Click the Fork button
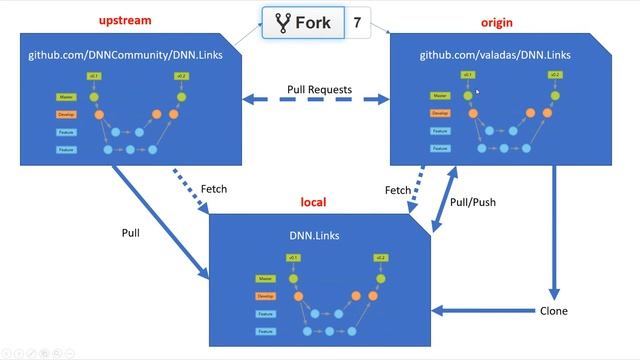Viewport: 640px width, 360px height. point(303,23)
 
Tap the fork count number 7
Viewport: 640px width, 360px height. point(357,23)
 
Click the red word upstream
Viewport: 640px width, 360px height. point(126,22)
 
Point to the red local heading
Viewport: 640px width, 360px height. point(314,202)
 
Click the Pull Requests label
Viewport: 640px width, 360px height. point(319,90)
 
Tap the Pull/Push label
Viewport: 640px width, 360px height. point(473,201)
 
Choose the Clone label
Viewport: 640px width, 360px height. point(553,311)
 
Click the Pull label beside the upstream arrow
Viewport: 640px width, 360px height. point(130,233)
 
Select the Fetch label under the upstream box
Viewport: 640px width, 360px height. point(214,189)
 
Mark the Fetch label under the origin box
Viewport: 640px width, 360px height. point(399,190)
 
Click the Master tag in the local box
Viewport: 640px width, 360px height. point(266,280)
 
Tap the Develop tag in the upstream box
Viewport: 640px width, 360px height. point(67,115)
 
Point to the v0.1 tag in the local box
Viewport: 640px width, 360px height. point(292,258)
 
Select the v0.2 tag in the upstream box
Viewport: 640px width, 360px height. point(180,76)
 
